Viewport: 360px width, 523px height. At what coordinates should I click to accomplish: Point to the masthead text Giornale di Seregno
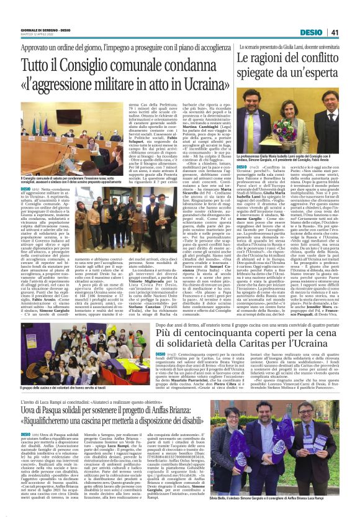38,31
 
